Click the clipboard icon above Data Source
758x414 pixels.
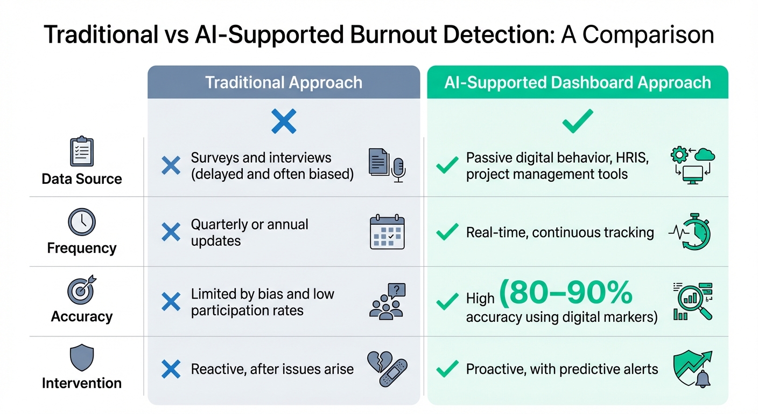(82, 151)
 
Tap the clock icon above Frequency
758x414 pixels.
(82, 222)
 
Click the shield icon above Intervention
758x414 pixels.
(82, 358)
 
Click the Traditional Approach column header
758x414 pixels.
(284, 82)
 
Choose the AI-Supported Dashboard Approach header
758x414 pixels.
(578, 82)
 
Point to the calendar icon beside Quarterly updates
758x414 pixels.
(387, 232)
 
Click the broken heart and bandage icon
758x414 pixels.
(387, 369)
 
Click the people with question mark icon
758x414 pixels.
(387, 300)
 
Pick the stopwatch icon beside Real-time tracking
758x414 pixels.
(691, 232)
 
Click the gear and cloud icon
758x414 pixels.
(691, 164)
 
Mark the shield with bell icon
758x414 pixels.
(692, 369)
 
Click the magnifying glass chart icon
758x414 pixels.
(693, 301)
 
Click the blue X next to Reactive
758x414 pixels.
(171, 369)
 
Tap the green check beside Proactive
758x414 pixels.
(447, 369)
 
